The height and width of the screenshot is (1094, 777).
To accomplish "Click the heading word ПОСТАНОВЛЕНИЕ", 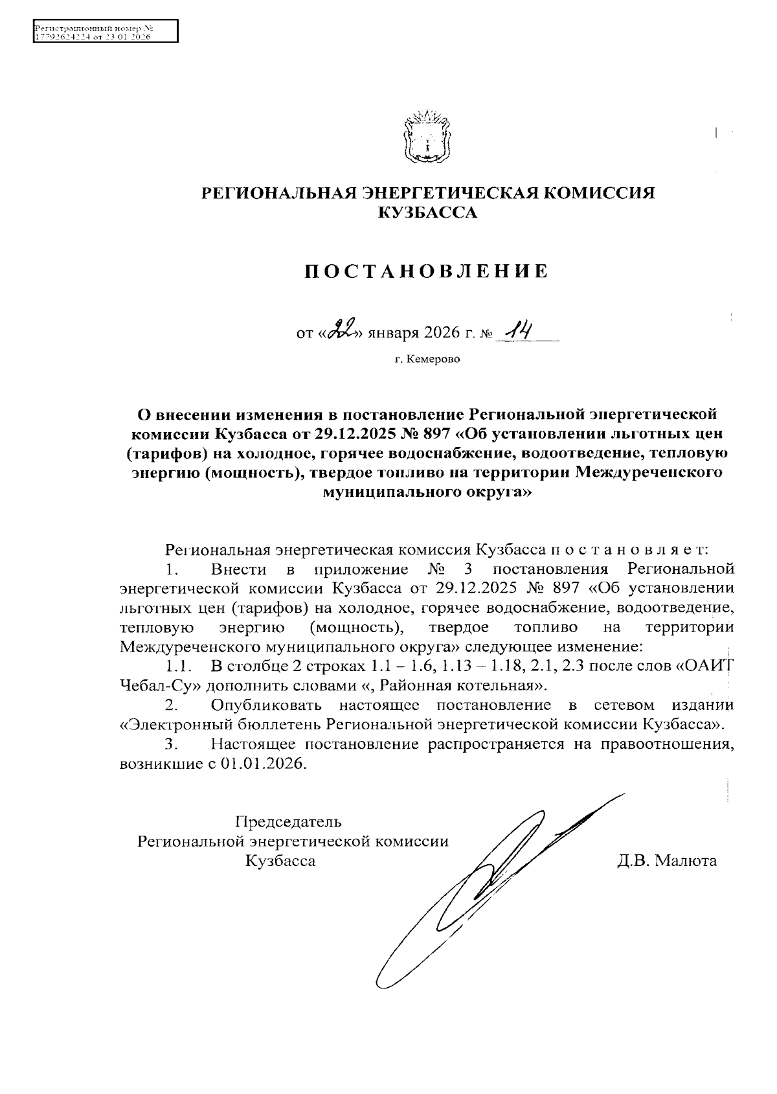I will pyautogui.click(x=427, y=271).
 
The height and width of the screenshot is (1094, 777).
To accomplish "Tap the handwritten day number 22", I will pyautogui.click(x=340, y=332).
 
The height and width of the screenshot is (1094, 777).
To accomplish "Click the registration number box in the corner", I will pyautogui.click(x=104, y=31).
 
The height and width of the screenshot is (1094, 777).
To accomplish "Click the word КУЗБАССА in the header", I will pyautogui.click(x=427, y=212).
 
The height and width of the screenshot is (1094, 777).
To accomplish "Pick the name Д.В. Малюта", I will pyautogui.click(x=667, y=861).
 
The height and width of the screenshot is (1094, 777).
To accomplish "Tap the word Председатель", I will pyautogui.click(x=288, y=822).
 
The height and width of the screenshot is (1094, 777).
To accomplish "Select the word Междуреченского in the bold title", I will pyautogui.click(x=648, y=472).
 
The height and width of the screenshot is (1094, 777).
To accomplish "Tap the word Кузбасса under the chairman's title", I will pyautogui.click(x=280, y=861).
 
